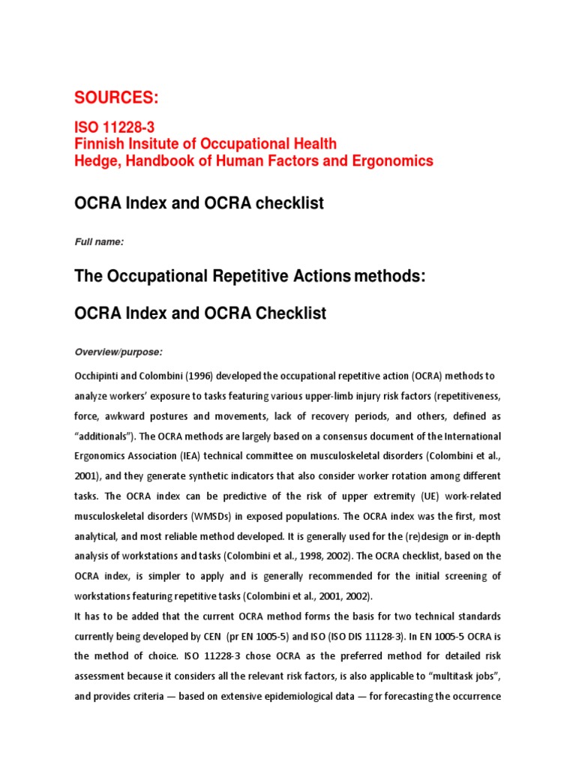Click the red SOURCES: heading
click(x=116, y=97)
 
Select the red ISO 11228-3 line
click(x=113, y=128)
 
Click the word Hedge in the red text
click(x=93, y=160)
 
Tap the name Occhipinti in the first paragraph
click(x=100, y=375)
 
